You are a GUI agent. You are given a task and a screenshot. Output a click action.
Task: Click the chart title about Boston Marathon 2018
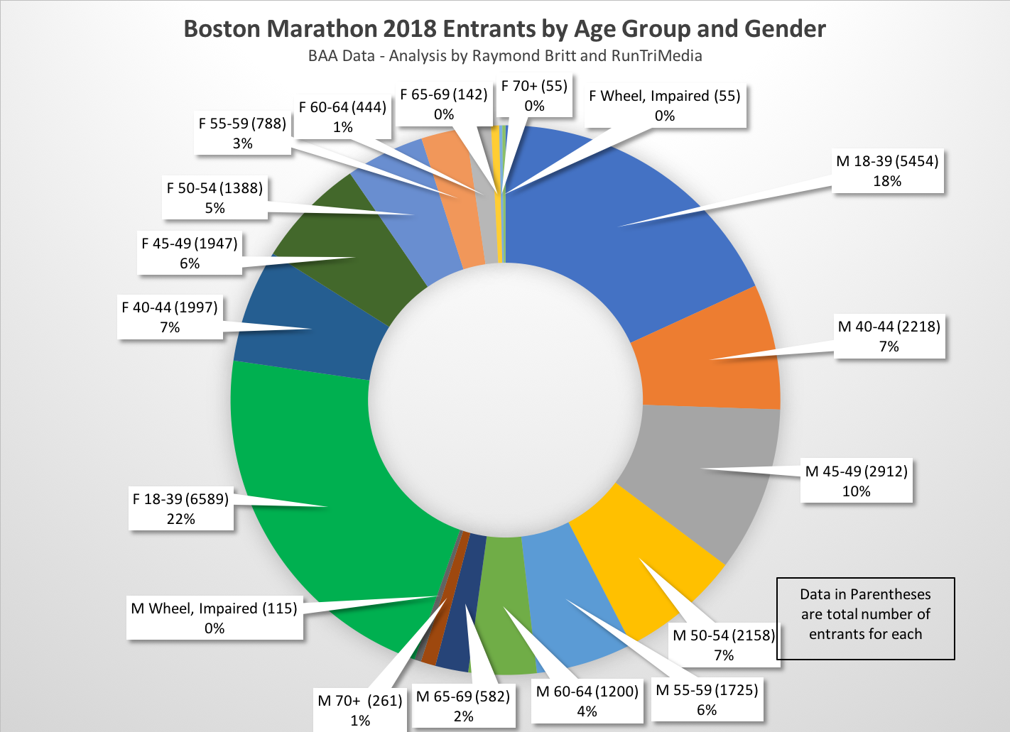[x=504, y=29]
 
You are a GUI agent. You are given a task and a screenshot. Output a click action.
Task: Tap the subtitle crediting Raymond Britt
[x=504, y=56]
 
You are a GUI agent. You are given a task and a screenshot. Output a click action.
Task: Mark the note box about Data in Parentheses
[x=865, y=615]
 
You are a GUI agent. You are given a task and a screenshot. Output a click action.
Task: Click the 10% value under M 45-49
[x=856, y=491]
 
